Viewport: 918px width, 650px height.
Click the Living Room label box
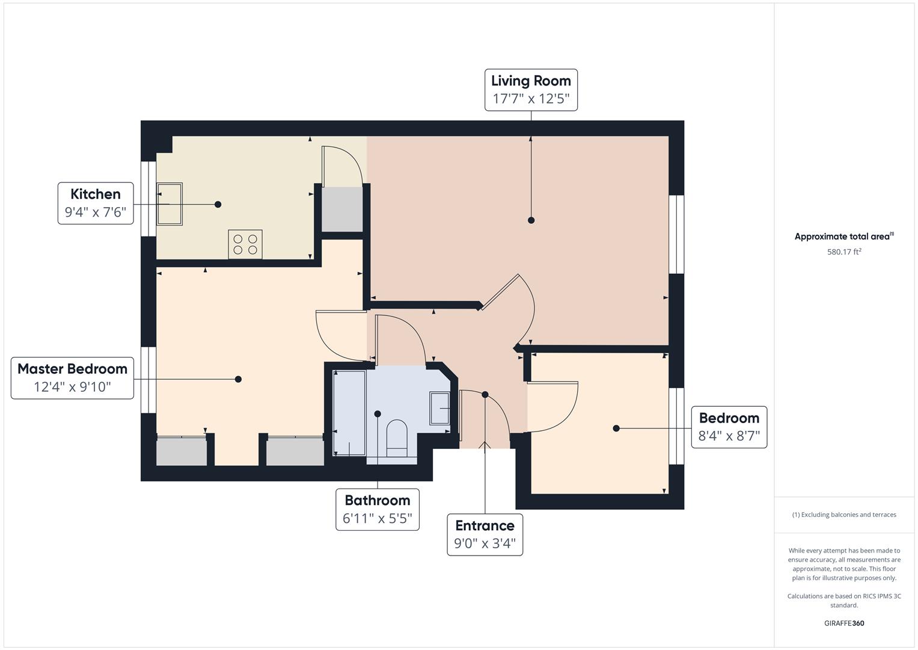coord(531,90)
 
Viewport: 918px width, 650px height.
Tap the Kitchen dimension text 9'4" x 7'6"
coord(96,212)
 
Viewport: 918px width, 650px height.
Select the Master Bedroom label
coord(72,377)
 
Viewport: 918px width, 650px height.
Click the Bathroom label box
coord(377,509)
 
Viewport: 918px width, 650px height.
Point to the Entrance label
coord(485,534)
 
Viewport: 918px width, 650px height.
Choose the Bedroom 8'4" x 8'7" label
coord(729,427)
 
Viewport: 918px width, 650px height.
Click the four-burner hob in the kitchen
coord(245,244)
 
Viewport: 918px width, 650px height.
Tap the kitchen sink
coord(170,204)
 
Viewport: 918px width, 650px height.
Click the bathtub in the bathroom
coord(349,413)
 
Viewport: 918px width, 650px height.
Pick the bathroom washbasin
coord(439,409)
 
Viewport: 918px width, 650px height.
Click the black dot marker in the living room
coord(531,220)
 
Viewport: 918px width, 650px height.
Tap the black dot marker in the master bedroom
coord(238,379)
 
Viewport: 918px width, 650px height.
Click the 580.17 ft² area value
coord(844,252)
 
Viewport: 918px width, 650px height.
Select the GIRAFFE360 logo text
coord(844,623)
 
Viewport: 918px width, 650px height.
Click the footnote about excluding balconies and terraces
coord(844,515)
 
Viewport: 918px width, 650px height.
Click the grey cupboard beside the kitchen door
coord(342,209)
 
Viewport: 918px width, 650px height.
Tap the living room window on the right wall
coord(676,234)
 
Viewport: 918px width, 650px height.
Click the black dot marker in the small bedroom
coord(616,429)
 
